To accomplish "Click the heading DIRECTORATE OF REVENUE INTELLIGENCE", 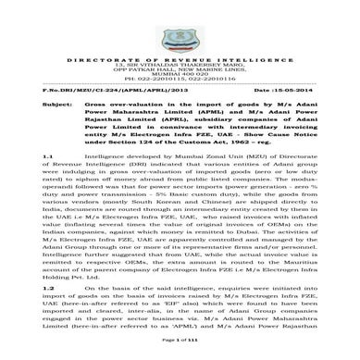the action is pos(180,43).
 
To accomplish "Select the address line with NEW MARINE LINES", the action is pos(180,56).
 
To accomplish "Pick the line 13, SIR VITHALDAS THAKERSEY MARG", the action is pos(180,49).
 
